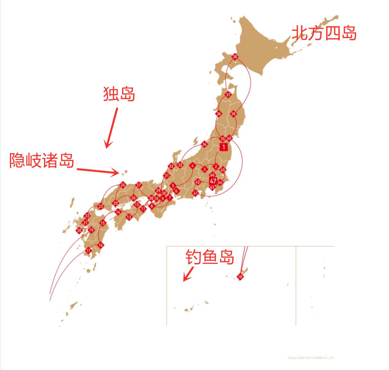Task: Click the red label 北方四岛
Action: click(x=324, y=33)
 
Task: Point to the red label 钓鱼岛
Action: click(x=210, y=257)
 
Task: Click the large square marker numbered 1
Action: click(x=223, y=147)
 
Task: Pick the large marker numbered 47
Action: click(x=213, y=181)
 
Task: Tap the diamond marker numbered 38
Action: click(x=235, y=57)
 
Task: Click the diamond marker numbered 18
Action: click(x=240, y=277)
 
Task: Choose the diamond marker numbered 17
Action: click(x=88, y=251)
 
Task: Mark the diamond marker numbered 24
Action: click(x=123, y=185)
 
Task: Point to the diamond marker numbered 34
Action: click(x=205, y=144)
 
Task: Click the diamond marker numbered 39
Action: click(x=233, y=114)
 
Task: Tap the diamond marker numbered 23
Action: click(x=101, y=207)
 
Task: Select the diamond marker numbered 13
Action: click(x=129, y=217)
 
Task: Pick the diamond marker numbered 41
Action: click(x=196, y=193)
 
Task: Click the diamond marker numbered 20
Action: click(x=79, y=231)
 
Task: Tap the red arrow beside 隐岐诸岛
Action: click(x=98, y=171)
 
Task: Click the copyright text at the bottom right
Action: click(x=311, y=357)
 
